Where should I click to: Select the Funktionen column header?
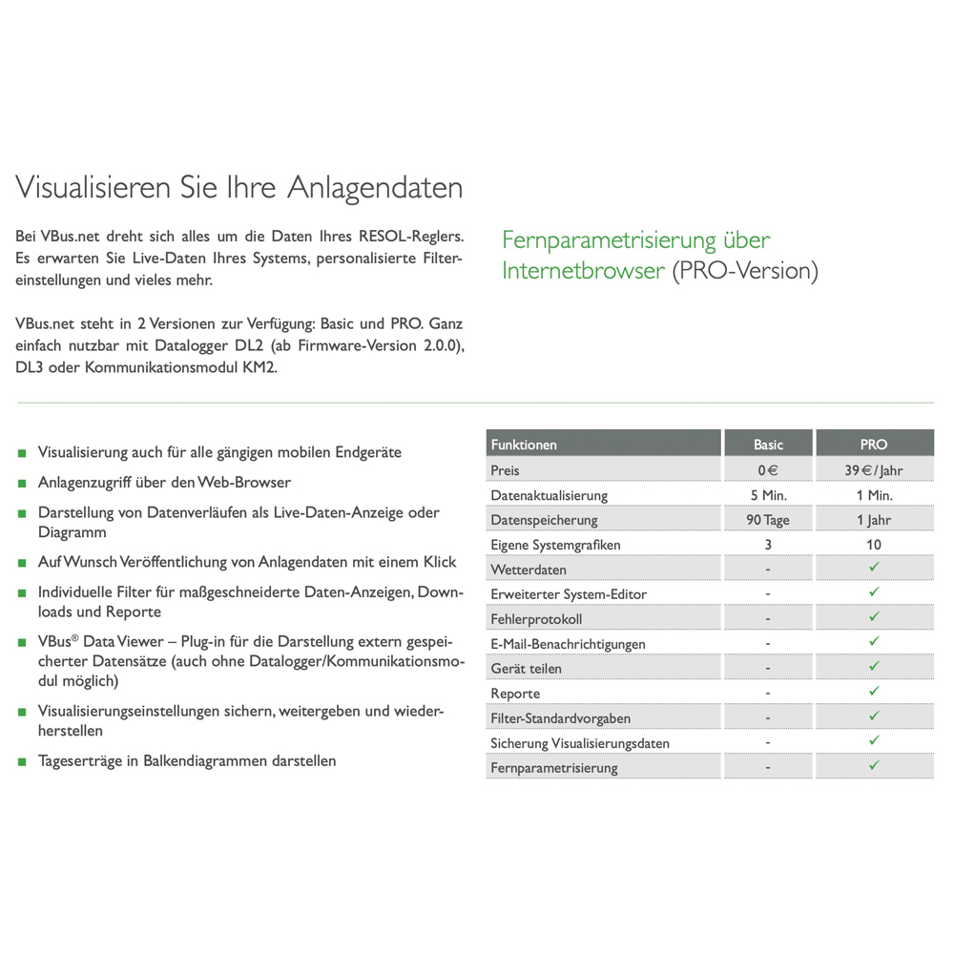(524, 445)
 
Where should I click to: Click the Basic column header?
(768, 445)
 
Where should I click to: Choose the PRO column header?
(874, 445)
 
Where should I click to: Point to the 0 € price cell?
(768, 470)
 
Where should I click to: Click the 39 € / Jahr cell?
(874, 470)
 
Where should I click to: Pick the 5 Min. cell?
(768, 495)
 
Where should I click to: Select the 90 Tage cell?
(768, 520)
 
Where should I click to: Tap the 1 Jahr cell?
(874, 520)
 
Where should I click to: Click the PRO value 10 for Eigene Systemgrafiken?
(874, 545)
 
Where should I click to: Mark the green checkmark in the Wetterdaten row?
(874, 569)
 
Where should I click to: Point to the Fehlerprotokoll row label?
(536, 619)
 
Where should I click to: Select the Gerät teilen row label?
(526, 669)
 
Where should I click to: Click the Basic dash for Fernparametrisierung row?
(768, 768)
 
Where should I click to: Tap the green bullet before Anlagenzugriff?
(22, 484)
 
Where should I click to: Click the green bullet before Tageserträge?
(22, 762)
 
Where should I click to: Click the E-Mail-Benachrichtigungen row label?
(568, 644)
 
